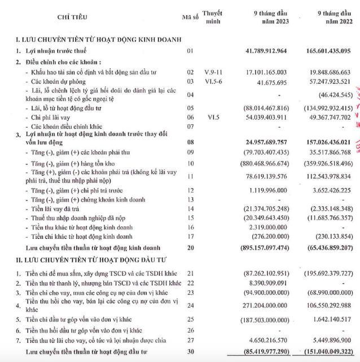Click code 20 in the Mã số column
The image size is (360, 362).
coord(190,247)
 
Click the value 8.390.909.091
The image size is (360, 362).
coord(269,282)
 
